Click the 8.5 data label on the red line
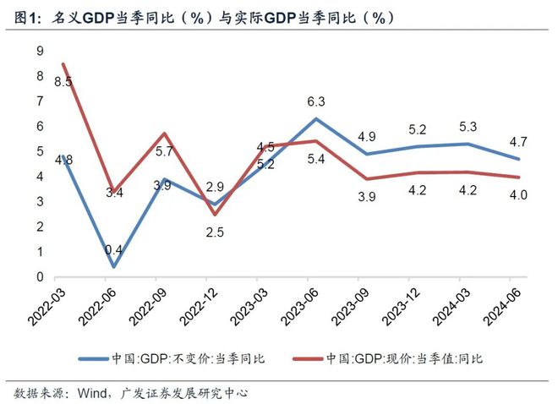pyautogui.click(x=63, y=82)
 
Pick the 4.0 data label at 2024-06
pyautogui.click(x=518, y=195)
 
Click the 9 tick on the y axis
pyautogui.click(x=39, y=52)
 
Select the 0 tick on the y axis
pyautogui.click(x=39, y=277)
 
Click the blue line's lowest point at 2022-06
pyautogui.click(x=112, y=267)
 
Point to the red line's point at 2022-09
pyautogui.click(x=164, y=134)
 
